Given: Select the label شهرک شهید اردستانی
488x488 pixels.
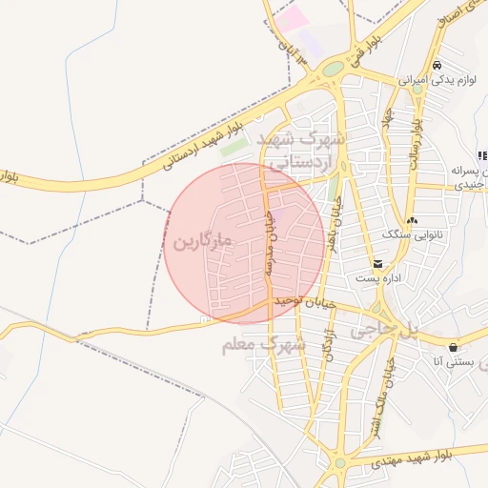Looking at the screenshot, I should click(x=305, y=152).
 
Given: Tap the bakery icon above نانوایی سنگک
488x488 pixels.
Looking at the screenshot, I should click(x=411, y=220).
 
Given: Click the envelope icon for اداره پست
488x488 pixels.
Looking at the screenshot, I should click(x=378, y=263).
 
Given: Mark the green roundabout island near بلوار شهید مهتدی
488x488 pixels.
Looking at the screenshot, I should click(x=340, y=464).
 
